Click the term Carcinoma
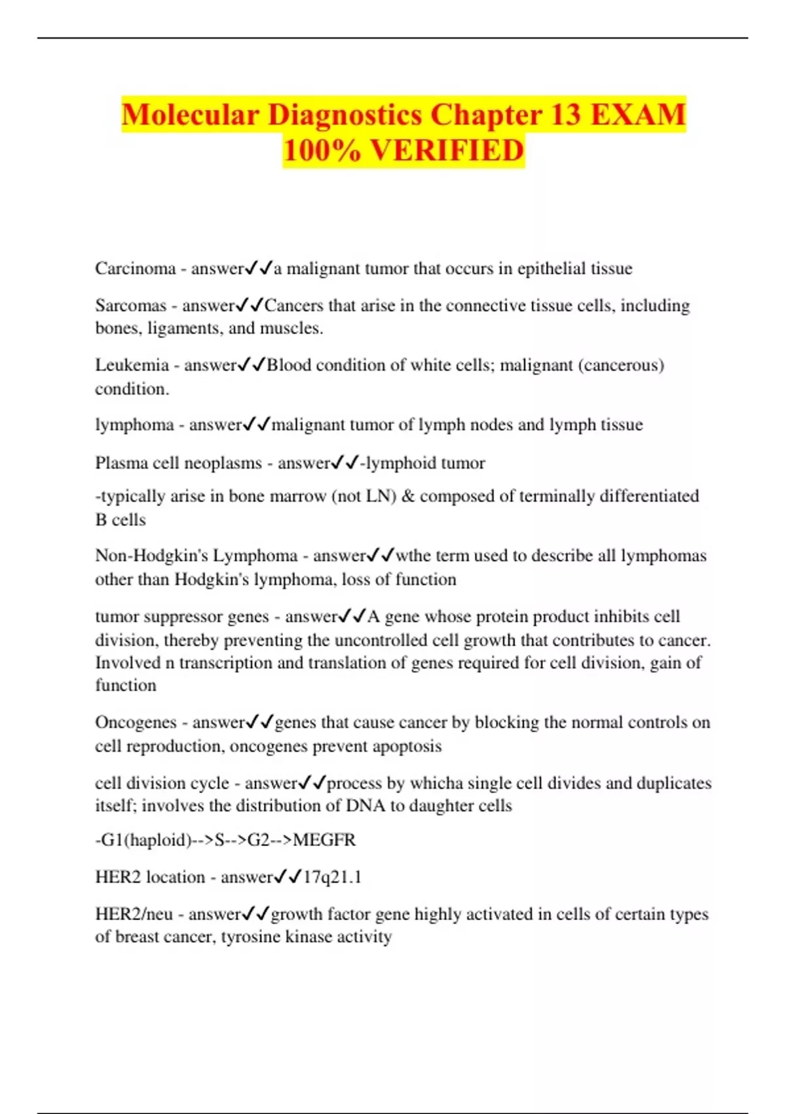click(135, 269)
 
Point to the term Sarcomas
click(130, 305)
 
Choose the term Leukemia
click(132, 365)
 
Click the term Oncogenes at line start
click(136, 722)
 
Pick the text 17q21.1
click(332, 877)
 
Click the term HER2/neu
click(134, 914)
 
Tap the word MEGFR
click(324, 840)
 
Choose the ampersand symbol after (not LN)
click(408, 496)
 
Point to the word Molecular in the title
click(190, 115)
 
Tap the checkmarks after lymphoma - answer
click(256, 425)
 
